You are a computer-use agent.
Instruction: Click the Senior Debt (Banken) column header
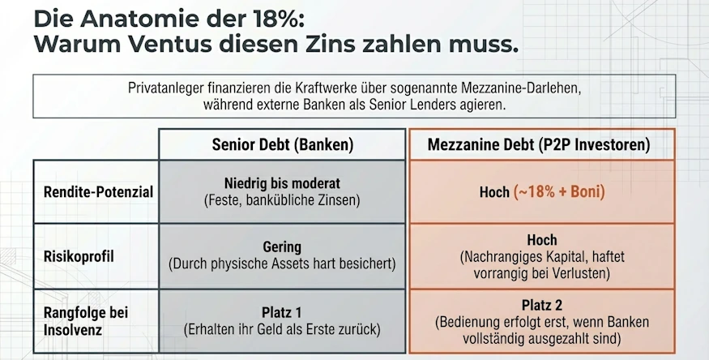coord(282,145)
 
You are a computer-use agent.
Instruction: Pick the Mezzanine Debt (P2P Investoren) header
coord(541,145)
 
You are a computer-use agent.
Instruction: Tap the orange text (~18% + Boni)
coord(560,192)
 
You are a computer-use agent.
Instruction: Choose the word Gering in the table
coord(282,246)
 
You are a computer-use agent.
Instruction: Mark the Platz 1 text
coord(282,311)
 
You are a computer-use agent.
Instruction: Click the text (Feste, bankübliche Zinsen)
coord(282,199)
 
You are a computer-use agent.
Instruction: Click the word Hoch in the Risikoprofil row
coord(541,240)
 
